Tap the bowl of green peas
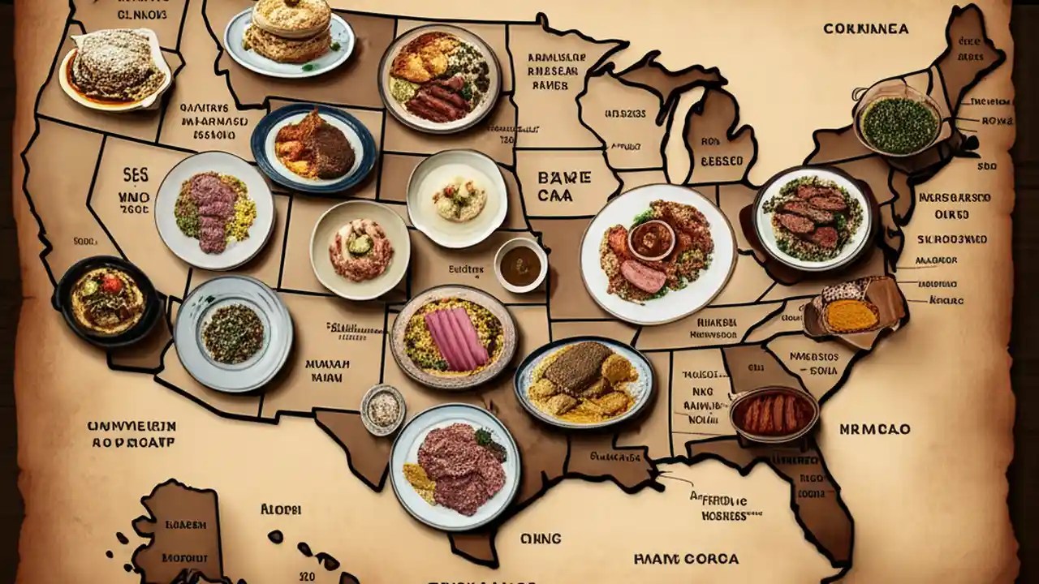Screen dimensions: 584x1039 898,123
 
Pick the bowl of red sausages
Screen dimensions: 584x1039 774,414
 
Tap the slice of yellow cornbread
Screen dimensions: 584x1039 852,316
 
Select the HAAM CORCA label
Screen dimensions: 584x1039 687,559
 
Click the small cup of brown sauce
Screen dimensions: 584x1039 519,264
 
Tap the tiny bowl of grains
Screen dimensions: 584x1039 383,408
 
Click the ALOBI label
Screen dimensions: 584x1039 281,509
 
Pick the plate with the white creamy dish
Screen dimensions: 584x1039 456,198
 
